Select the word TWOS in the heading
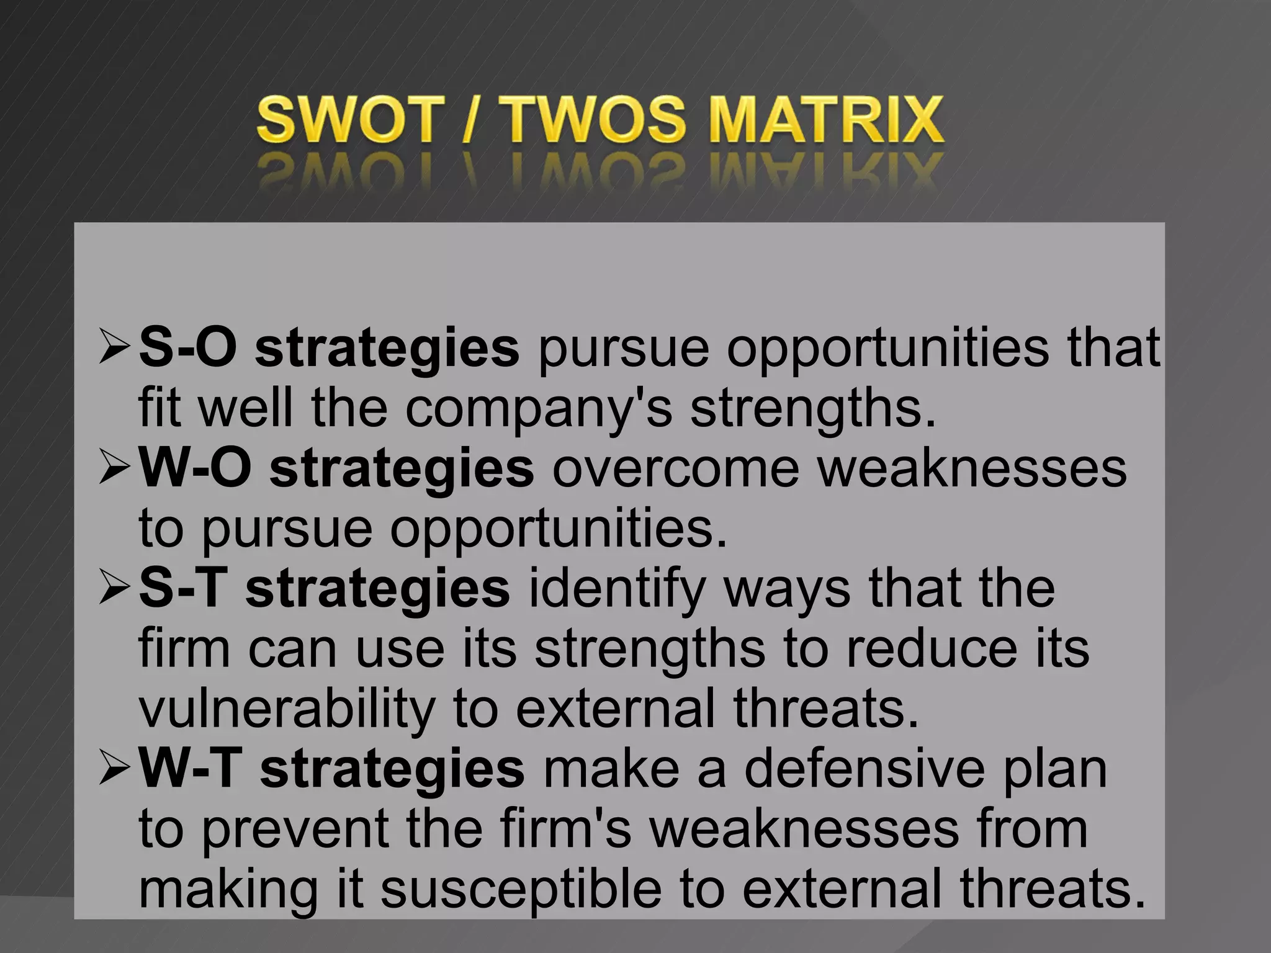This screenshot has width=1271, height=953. click(x=596, y=120)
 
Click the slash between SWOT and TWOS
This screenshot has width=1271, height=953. click(x=470, y=120)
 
